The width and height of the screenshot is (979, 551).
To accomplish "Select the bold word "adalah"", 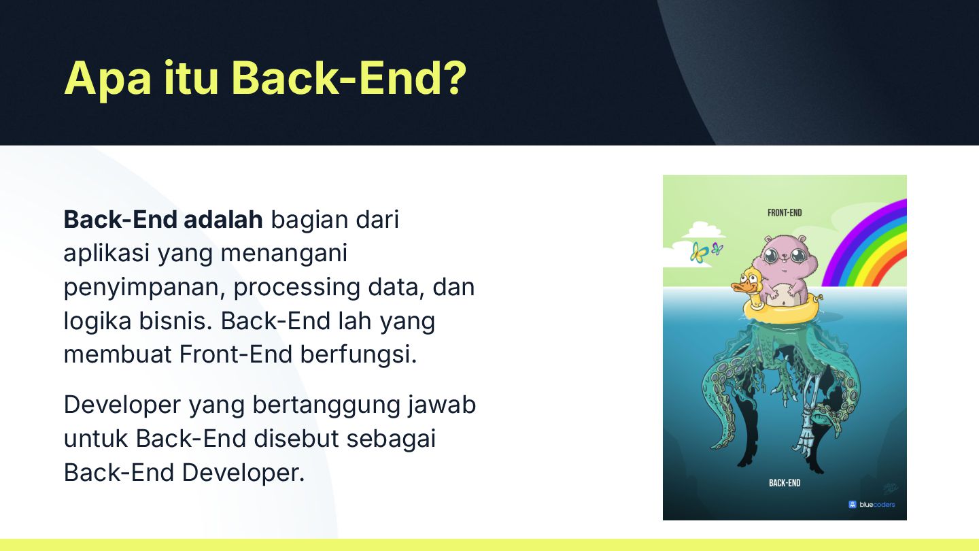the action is coord(223,219).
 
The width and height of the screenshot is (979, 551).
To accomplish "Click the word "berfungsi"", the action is coord(358,354).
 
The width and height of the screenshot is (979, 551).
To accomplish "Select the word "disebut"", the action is coord(296,438).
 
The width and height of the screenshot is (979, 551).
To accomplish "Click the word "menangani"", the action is coord(284,254).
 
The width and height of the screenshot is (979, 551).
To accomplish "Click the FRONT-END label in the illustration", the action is coord(785,213).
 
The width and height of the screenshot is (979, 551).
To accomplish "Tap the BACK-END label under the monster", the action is coord(785,483).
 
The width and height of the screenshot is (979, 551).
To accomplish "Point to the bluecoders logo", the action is coord(872,505).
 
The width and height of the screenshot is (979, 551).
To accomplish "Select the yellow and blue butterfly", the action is coord(699,253).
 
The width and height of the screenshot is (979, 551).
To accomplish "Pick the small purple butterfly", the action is coord(717,249).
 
